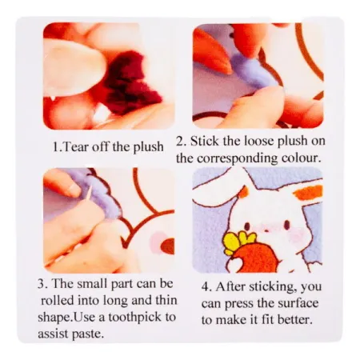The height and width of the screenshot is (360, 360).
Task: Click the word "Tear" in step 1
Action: click(x=75, y=146)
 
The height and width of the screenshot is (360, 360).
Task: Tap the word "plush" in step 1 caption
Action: click(x=148, y=147)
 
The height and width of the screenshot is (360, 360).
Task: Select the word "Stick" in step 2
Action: click(x=204, y=141)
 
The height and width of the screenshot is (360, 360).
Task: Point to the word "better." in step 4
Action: click(x=295, y=319)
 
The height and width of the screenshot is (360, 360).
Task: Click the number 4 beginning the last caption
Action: click(x=206, y=287)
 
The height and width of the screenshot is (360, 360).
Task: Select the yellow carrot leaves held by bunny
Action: click(x=239, y=242)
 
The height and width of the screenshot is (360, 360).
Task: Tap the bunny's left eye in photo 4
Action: click(x=247, y=227)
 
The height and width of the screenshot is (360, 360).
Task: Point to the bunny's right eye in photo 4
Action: click(x=287, y=226)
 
